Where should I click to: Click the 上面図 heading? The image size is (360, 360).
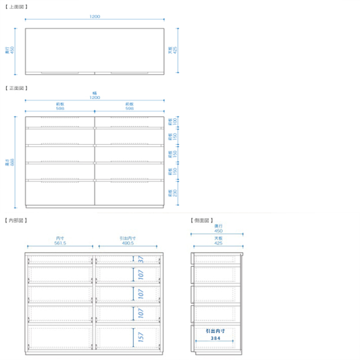pyautogui.click(x=15, y=7)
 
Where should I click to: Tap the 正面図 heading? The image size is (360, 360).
pyautogui.click(x=15, y=88)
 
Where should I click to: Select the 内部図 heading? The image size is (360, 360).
pyautogui.click(x=15, y=220)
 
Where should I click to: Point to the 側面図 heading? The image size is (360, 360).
pyautogui.click(x=202, y=220)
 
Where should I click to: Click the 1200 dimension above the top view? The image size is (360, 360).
pyautogui.click(x=94, y=16)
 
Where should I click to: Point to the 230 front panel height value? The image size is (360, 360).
pyautogui.click(x=175, y=193)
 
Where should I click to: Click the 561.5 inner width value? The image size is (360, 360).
pyautogui.click(x=60, y=243)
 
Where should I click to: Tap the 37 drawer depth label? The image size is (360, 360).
pyautogui.click(x=140, y=259)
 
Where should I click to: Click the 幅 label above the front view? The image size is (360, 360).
pyautogui.click(x=94, y=93)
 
